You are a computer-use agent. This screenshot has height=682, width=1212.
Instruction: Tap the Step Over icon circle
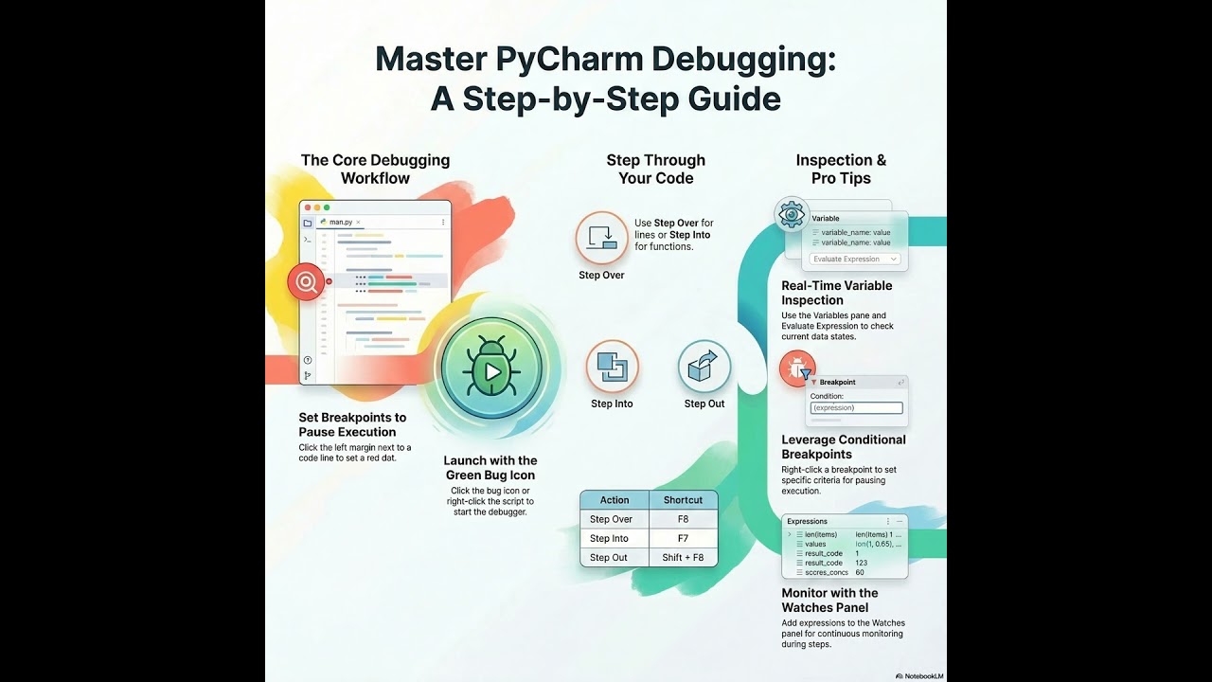pos(602,237)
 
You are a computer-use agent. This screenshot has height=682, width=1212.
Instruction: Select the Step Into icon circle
pos(612,367)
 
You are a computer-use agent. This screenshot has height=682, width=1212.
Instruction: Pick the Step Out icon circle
pos(704,367)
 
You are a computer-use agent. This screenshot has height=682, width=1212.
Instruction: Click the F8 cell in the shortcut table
pos(683,519)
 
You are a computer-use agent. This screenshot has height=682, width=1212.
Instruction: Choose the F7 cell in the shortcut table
pos(683,538)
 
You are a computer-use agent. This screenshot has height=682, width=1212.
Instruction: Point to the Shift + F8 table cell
pos(683,557)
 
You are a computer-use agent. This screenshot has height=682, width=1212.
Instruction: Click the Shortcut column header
pos(683,500)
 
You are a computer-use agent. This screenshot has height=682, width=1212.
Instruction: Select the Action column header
pos(615,500)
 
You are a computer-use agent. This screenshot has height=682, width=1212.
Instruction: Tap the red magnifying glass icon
pos(306,281)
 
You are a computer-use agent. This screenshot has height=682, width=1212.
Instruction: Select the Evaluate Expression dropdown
pos(854,259)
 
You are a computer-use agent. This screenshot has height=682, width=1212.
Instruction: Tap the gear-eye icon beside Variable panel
pos(792,214)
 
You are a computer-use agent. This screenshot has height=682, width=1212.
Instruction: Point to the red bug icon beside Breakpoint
pos(797,368)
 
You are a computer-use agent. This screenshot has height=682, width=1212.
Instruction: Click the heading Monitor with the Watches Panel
pos(829,601)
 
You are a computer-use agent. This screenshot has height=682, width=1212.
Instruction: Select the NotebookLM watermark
pos(919,675)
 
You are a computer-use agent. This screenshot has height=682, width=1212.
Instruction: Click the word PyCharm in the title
pos(561,60)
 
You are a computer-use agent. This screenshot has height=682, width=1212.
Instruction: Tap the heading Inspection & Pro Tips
pos(841,169)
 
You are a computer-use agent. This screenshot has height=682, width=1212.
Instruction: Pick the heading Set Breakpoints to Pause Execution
pos(352,424)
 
